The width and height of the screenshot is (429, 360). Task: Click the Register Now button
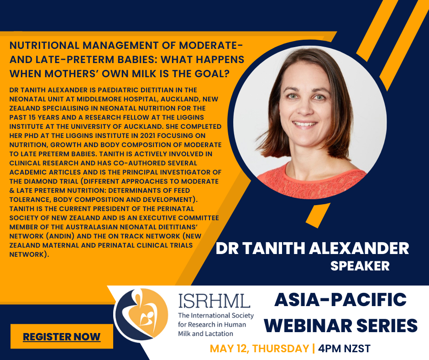[62, 336]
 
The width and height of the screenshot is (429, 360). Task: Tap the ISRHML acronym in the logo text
[214, 301]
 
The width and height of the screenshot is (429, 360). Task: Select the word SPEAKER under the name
[360, 266]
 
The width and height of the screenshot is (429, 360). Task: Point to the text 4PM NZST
[344, 349]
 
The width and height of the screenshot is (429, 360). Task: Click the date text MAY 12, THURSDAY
[259, 349]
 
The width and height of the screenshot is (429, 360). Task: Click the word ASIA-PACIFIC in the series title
[340, 300]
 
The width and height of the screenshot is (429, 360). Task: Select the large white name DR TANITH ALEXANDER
[312, 249]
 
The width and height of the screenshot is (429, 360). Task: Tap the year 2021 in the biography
[148, 136]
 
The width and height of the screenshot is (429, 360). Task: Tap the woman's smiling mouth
[304, 124]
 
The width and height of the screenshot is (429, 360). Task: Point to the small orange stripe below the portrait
[318, 215]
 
